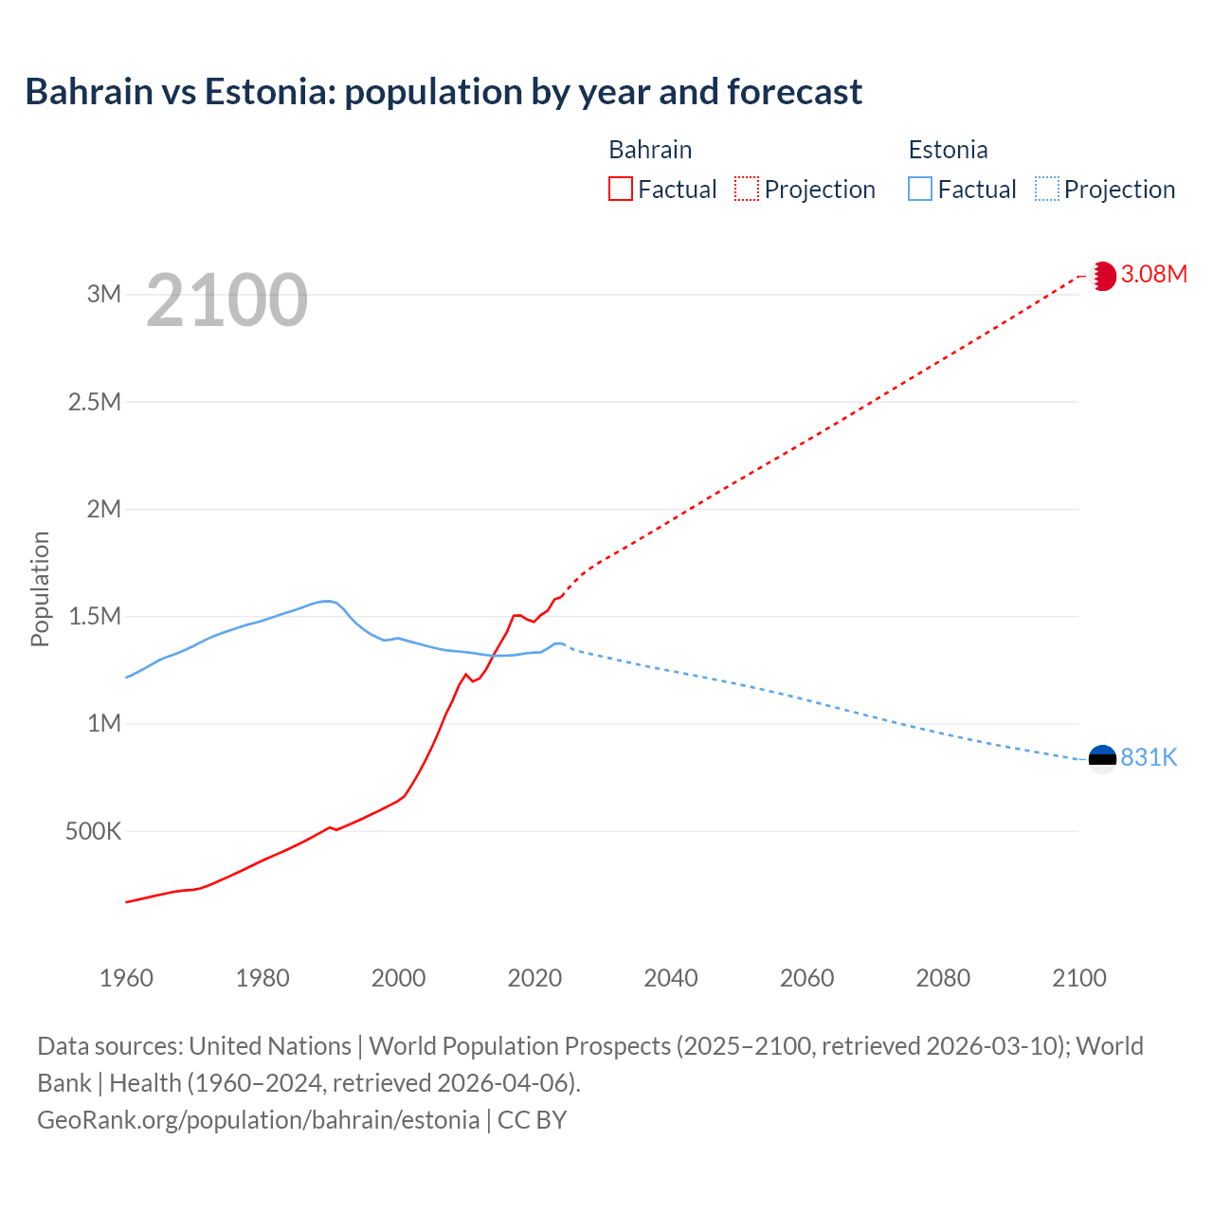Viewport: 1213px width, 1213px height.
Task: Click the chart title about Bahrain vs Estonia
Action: pyautogui.click(x=444, y=92)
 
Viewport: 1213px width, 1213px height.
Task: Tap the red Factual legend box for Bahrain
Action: pyautogui.click(x=620, y=189)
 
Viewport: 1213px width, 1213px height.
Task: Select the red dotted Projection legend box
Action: pyautogui.click(x=746, y=189)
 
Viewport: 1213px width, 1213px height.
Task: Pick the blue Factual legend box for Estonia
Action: pyautogui.click(x=919, y=189)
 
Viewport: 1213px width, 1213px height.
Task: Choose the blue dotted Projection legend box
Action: pyautogui.click(x=1046, y=189)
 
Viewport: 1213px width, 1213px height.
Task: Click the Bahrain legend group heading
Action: pyautogui.click(x=650, y=150)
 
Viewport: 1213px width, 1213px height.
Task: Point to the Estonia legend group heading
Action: pyautogui.click(x=948, y=150)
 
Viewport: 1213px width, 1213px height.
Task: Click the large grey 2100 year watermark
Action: pyautogui.click(x=226, y=300)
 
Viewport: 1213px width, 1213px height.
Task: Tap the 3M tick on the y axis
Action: pyautogui.click(x=104, y=294)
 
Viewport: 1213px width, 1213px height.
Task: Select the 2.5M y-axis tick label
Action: pyautogui.click(x=95, y=402)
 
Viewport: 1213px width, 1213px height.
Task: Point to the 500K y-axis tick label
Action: pyautogui.click(x=93, y=832)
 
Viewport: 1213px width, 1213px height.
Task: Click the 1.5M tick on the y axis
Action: pyautogui.click(x=95, y=617)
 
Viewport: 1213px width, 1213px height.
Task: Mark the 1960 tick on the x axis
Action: pyautogui.click(x=126, y=978)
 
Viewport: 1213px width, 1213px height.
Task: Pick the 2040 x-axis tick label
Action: pyautogui.click(x=671, y=978)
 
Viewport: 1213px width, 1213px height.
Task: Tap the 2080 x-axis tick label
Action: pyautogui.click(x=943, y=978)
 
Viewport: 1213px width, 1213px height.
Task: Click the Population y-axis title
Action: pyautogui.click(x=40, y=588)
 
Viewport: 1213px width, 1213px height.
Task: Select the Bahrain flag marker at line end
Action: pyautogui.click(x=1102, y=276)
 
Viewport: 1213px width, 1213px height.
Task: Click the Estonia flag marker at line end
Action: pyautogui.click(x=1102, y=758)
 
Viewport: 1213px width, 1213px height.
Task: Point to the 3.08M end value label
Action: pyautogui.click(x=1153, y=275)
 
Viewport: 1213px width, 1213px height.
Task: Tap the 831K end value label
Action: pyautogui.click(x=1149, y=758)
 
